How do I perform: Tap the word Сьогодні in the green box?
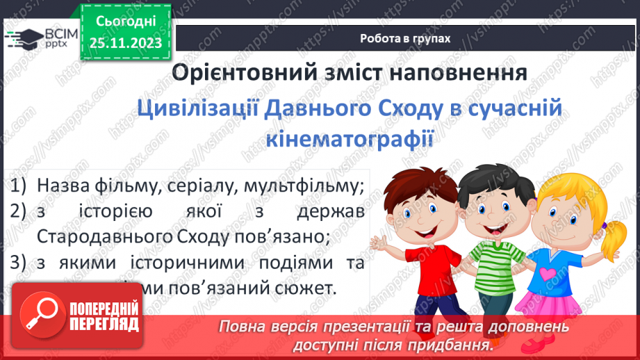[125, 22]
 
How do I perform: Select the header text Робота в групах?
[405, 39]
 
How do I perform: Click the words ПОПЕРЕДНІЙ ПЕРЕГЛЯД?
[106, 316]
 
